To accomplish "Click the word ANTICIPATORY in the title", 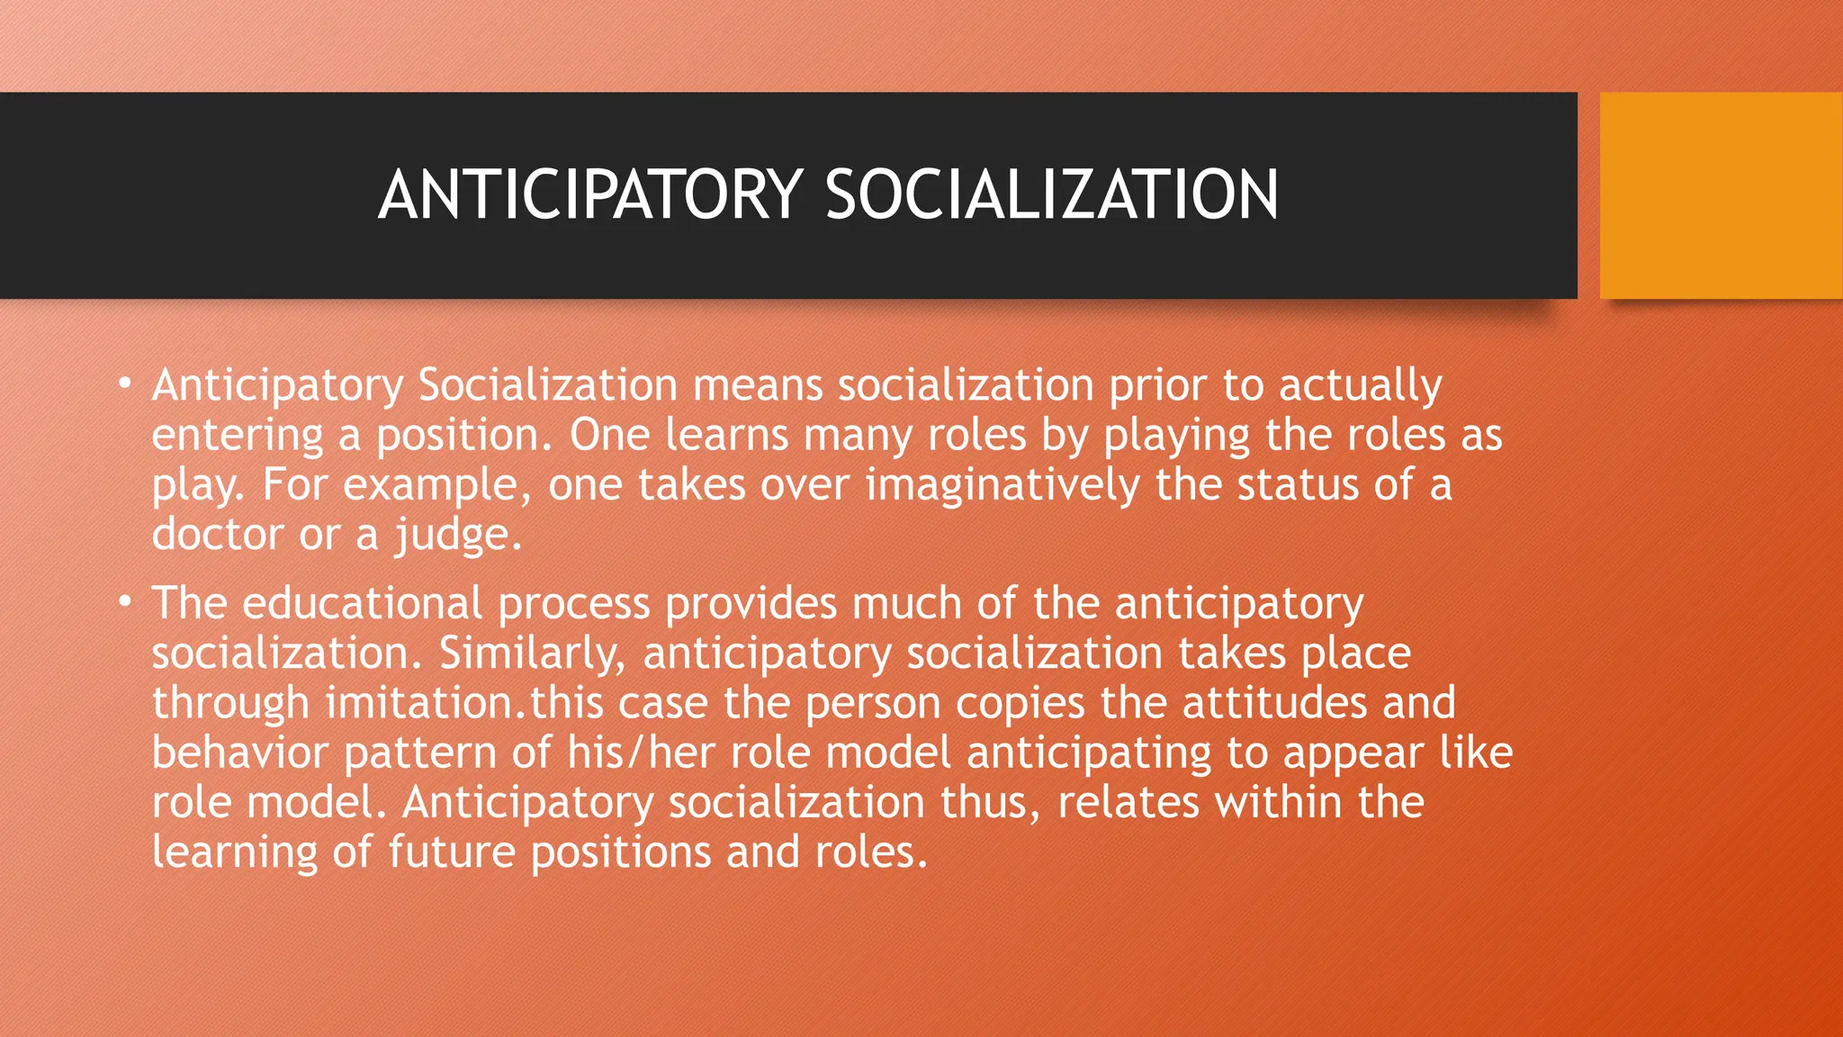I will [590, 194].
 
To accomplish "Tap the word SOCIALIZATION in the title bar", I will [1051, 194].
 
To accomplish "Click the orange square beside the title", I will [1721, 195].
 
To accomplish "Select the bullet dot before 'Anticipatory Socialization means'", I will [126, 384].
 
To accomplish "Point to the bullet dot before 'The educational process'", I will [126, 601].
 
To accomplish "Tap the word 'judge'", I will [457, 536].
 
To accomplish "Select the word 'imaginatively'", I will [1002, 485].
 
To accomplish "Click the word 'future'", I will [452, 852].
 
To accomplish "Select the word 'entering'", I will [237, 436].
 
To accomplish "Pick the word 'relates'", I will [1128, 801].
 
